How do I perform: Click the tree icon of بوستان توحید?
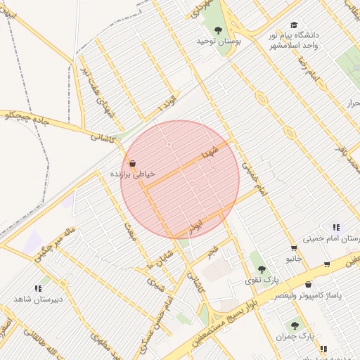tap(218, 30)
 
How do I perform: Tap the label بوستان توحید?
tap(219, 41)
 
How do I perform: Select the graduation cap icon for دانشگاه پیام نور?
tap(293, 25)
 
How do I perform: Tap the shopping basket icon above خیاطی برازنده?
tap(132, 163)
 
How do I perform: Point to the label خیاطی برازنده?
tap(132, 173)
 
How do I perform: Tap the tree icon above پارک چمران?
tap(295, 326)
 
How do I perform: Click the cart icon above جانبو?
tap(293, 248)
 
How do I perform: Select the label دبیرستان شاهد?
tap(39, 300)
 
